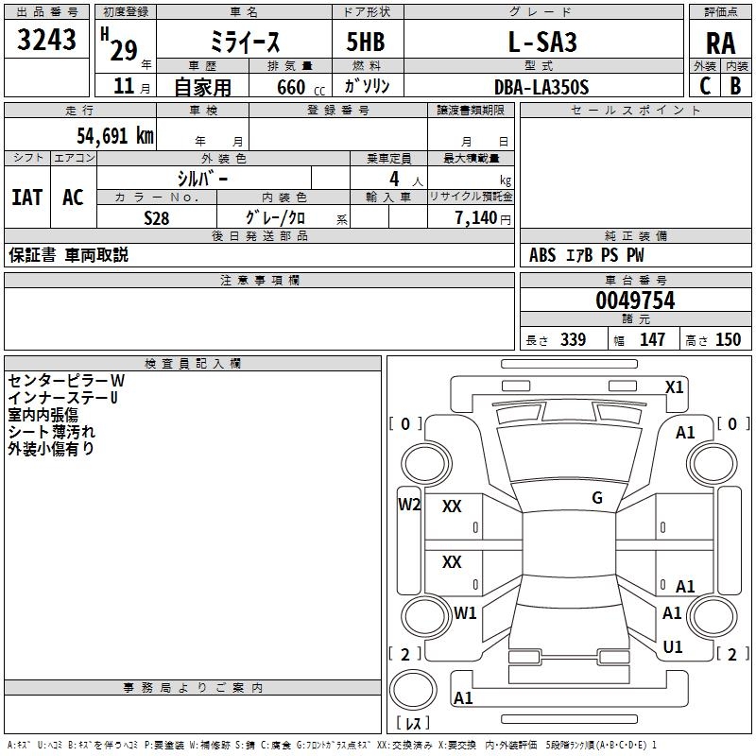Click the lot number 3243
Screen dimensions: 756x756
(x=47, y=41)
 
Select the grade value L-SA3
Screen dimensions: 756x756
(x=541, y=43)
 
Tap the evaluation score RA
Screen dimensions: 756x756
(x=720, y=43)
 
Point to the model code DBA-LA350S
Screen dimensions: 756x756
(x=541, y=87)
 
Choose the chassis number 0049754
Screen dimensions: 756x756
(x=635, y=301)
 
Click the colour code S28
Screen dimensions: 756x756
(x=157, y=217)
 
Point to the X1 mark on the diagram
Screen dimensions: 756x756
(x=675, y=387)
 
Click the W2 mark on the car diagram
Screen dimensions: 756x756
(x=409, y=504)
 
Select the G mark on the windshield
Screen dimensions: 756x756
(x=597, y=498)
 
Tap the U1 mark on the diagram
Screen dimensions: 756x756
(x=673, y=646)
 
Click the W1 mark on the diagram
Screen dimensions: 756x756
(x=465, y=612)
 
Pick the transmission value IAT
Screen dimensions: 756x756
(x=26, y=197)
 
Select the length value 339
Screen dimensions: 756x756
(x=573, y=340)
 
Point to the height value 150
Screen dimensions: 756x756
(x=728, y=340)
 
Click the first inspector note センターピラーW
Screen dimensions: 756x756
(x=66, y=381)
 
